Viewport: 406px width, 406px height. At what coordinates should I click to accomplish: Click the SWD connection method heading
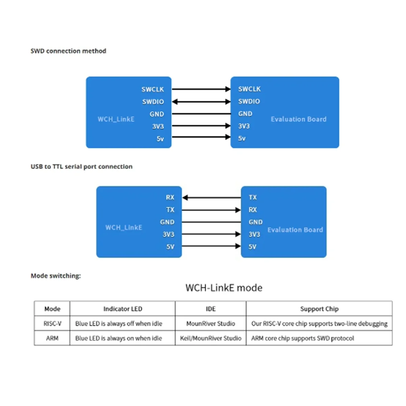[x=68, y=51]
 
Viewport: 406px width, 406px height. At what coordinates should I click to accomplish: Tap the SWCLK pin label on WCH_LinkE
[x=153, y=89]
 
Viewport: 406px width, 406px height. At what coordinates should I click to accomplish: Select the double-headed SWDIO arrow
[x=201, y=101]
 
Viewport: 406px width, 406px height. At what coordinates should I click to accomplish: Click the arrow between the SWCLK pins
[x=201, y=89]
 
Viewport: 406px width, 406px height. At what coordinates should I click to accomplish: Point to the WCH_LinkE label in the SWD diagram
[x=116, y=119]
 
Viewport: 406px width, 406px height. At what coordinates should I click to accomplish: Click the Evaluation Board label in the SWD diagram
[x=298, y=119]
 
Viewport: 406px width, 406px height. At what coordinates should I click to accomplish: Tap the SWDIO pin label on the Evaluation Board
[x=249, y=101]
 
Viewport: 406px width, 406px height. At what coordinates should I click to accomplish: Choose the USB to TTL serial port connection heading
[x=82, y=166]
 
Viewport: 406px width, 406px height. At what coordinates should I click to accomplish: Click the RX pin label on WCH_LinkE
[x=170, y=198]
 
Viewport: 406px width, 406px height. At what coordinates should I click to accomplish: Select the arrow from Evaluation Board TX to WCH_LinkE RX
[x=211, y=198]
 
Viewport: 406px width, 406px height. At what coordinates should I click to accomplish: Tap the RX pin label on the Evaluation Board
[x=253, y=210]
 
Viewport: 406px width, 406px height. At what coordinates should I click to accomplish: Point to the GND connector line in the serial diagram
[x=211, y=222]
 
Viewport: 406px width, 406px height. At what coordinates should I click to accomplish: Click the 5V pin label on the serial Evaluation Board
[x=252, y=247]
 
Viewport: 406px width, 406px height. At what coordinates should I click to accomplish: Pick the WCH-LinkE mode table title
[x=224, y=288]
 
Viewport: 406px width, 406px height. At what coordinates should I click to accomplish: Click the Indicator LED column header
[x=122, y=309]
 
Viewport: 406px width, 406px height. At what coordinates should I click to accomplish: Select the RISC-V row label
[x=52, y=324]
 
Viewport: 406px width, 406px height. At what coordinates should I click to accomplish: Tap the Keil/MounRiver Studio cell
[x=210, y=338]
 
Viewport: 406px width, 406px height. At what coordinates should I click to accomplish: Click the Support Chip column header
[x=319, y=309]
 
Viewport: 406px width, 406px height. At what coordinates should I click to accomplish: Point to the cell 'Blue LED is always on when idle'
[x=118, y=338]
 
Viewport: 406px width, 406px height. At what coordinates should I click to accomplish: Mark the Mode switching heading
[x=56, y=276]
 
